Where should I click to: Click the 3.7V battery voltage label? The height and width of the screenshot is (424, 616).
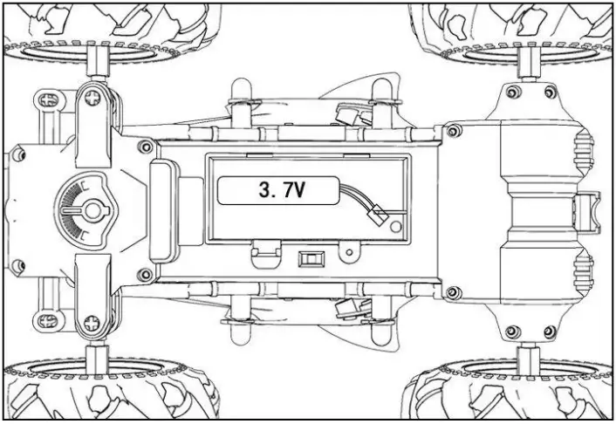click(x=277, y=190)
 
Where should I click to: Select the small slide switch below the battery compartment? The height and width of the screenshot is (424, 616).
click(x=309, y=259)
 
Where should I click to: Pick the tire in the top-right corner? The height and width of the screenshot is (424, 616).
click(x=515, y=26)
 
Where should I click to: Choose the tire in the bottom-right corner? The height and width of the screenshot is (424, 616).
click(x=515, y=393)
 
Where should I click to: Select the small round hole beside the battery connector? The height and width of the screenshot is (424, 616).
click(x=400, y=228)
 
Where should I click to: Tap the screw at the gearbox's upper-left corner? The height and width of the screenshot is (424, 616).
click(x=453, y=131)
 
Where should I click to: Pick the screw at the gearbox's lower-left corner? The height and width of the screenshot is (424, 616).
click(x=453, y=291)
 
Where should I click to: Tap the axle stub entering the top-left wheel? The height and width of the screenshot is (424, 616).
click(x=98, y=63)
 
